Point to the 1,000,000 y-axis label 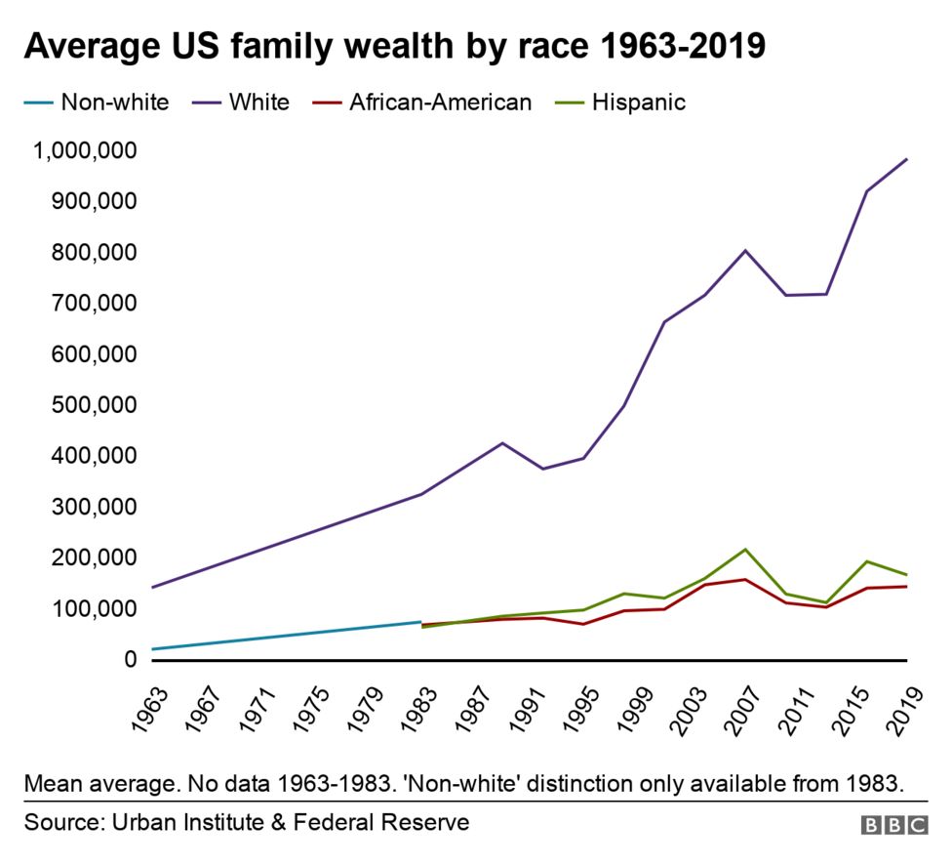83,150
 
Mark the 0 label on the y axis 130,660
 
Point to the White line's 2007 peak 745,250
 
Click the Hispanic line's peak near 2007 745,549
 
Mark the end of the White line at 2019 906,159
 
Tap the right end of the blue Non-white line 420,622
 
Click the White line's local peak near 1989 502,443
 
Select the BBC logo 893,825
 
